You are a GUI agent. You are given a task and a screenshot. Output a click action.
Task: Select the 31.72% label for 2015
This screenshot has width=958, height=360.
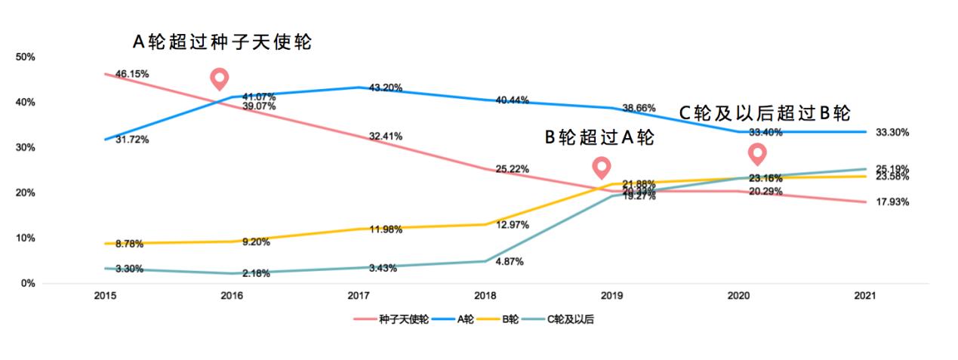(x=132, y=140)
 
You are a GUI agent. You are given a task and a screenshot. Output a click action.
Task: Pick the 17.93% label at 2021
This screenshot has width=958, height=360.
(x=892, y=202)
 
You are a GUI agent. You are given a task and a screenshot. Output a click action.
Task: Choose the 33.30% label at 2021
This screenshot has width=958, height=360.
(x=892, y=132)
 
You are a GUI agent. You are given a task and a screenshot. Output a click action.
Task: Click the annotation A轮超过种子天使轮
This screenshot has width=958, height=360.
(x=222, y=43)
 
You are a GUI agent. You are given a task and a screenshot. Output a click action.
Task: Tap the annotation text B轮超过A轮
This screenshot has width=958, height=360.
(x=599, y=138)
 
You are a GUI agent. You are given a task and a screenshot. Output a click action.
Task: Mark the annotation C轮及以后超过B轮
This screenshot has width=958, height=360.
(x=765, y=113)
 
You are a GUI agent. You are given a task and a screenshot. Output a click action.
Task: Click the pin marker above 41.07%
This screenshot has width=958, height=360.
(x=220, y=78)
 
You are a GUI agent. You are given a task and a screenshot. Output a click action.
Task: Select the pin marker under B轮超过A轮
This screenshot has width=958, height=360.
(x=602, y=168)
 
